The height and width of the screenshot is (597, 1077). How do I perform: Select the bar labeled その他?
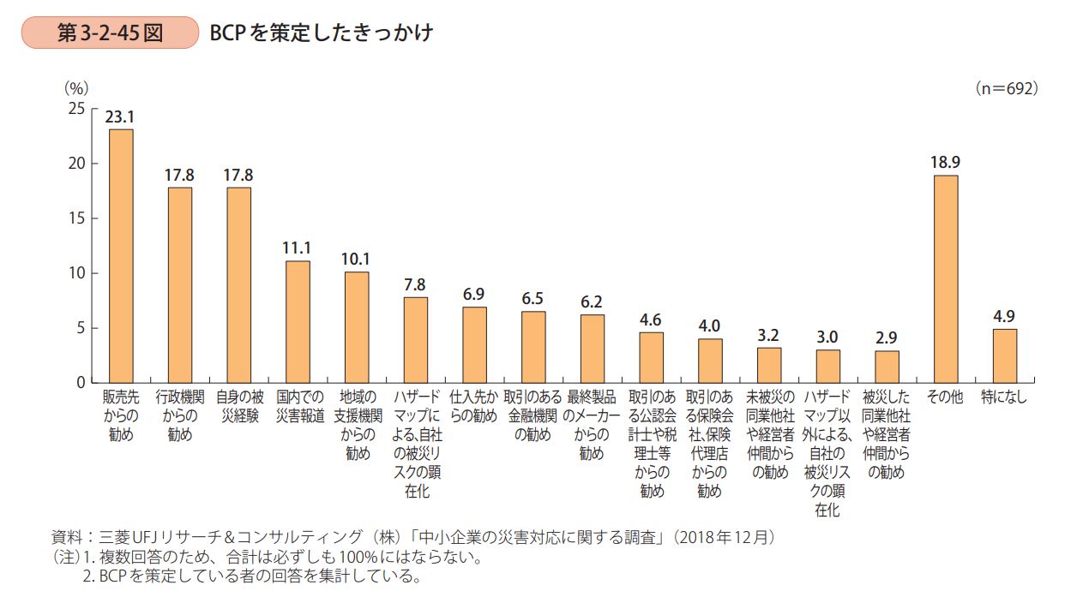click(946, 278)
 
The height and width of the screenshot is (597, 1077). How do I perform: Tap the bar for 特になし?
click(1004, 355)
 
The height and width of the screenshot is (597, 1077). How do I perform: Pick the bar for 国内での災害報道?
click(298, 321)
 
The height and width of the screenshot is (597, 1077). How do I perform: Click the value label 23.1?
click(120, 117)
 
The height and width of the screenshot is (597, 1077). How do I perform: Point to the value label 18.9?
click(946, 163)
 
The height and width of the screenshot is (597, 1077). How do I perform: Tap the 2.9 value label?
click(887, 338)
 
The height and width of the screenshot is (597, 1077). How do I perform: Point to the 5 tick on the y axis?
click(80, 328)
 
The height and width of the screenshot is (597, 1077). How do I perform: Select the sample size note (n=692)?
click(1006, 87)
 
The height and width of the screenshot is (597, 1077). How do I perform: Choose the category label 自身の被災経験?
click(238, 407)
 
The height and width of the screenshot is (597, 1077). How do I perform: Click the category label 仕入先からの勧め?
click(474, 407)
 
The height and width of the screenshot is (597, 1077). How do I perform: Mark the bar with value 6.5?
click(533, 347)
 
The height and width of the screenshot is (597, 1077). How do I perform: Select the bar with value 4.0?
click(710, 361)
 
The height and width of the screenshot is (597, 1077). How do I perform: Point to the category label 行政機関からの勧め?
click(180, 415)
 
